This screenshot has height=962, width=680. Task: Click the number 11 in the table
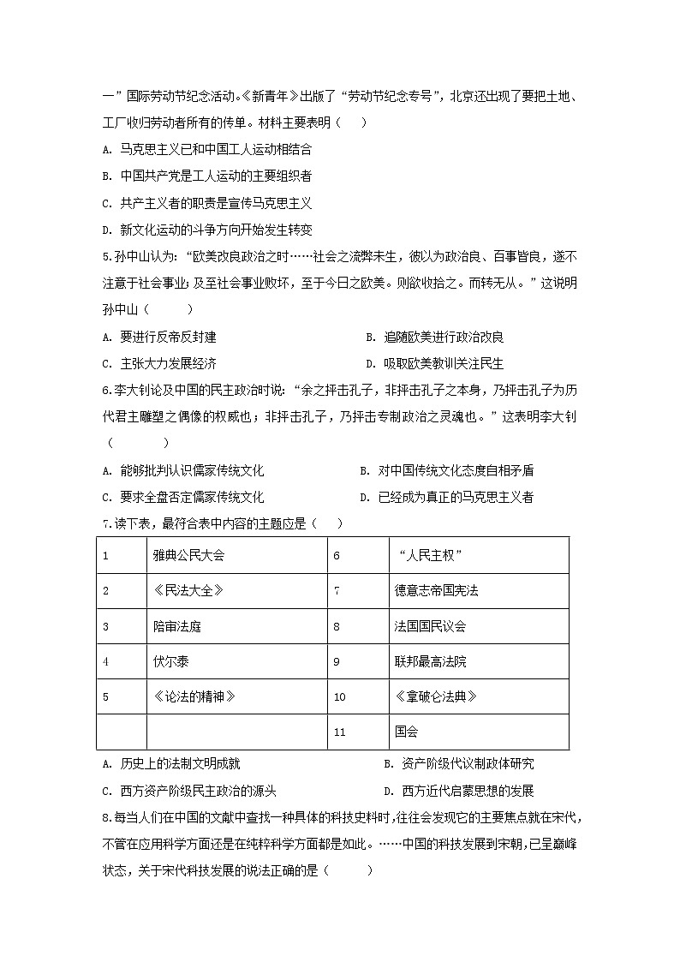point(339,732)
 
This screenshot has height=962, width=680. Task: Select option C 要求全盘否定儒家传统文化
point(183,498)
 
